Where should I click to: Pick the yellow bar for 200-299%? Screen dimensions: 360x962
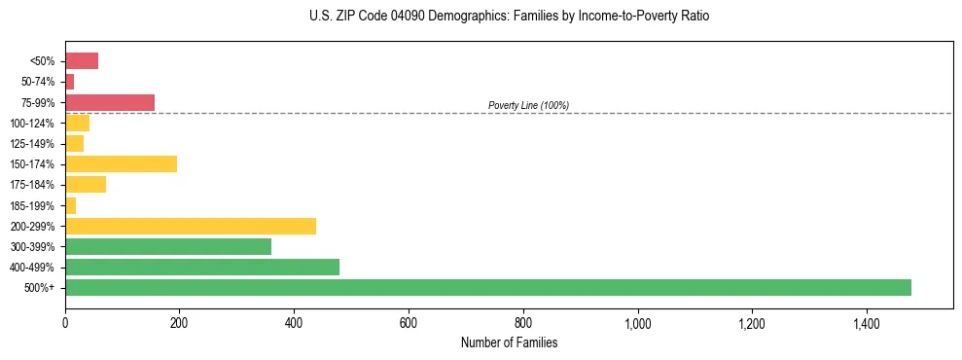191,226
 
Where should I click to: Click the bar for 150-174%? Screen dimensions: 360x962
121,163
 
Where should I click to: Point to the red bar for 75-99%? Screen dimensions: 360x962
110,102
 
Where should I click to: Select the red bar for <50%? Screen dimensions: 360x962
82,61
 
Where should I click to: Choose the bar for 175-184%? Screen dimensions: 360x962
86,184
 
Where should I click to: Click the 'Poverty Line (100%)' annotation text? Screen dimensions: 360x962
528,105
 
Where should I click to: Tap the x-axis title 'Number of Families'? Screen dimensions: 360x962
509,342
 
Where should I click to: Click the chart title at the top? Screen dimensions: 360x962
510,17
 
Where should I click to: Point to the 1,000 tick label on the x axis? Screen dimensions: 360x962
638,322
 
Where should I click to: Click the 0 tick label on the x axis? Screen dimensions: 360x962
65,322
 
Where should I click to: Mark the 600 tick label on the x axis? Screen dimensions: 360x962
409,322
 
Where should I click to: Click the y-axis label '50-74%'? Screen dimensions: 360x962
40,82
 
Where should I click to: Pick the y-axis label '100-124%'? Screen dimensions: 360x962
37,124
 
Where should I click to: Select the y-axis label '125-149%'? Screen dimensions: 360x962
37,144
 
